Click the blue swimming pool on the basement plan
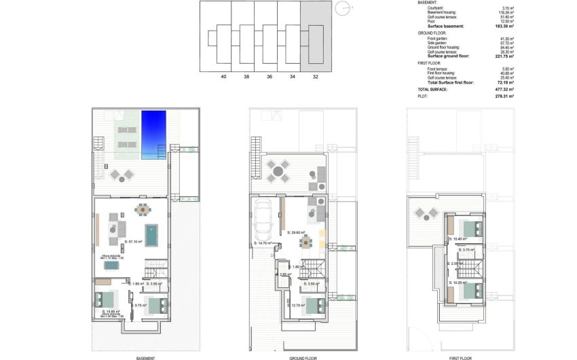153,134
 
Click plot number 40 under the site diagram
224,77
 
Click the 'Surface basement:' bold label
445,26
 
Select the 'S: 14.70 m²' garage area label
262,242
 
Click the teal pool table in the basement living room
150,235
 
